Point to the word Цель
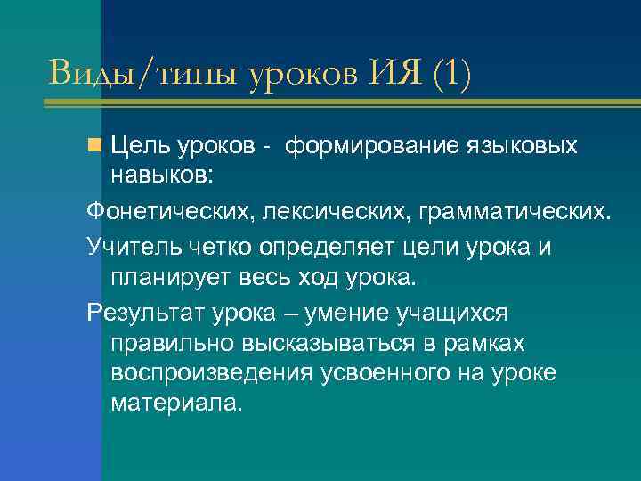[x=138, y=145]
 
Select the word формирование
[x=358, y=145]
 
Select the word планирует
[x=170, y=278]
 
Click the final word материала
[x=176, y=404]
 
